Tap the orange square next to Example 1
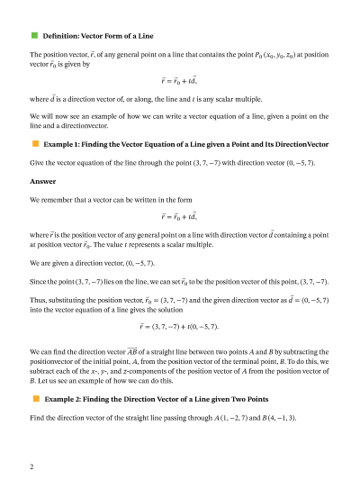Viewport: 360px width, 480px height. click(x=34, y=143)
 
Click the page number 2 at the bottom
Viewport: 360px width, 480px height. click(x=32, y=467)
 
